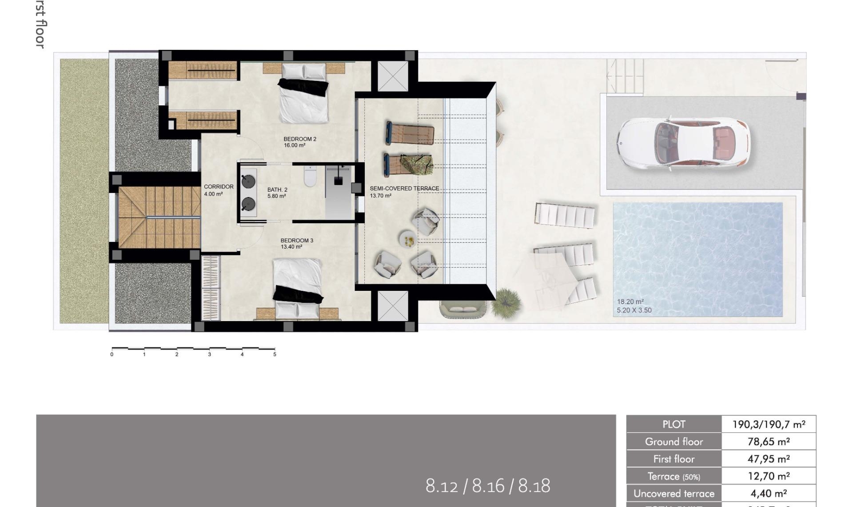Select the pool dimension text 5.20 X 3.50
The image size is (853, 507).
[634, 310]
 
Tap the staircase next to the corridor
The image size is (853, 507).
[159, 217]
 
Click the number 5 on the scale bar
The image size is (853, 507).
[275, 354]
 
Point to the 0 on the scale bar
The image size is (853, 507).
[112, 354]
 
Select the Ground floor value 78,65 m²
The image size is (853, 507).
[768, 442]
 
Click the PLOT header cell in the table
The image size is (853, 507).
[674, 424]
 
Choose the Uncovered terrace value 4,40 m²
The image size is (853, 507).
[768, 494]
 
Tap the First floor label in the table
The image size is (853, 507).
[674, 459]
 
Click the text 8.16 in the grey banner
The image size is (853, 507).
[488, 486]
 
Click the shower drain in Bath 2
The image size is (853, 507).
[339, 181]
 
